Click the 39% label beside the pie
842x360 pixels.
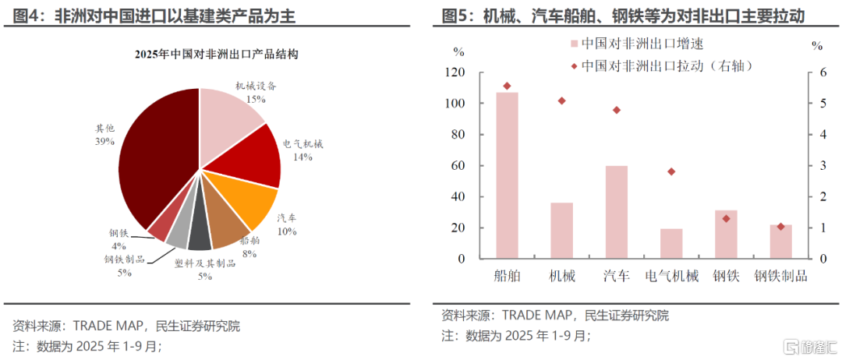pos(104,142)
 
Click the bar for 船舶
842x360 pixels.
pos(507,175)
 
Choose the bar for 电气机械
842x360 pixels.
pos(670,244)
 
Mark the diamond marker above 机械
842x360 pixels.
pos(561,101)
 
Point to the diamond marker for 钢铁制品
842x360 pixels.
pos(780,227)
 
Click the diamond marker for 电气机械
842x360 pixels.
pos(670,171)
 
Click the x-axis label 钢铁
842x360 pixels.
pos(726,277)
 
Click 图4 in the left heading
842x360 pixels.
pos(25,16)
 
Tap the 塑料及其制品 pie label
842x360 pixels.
pos(204,264)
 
